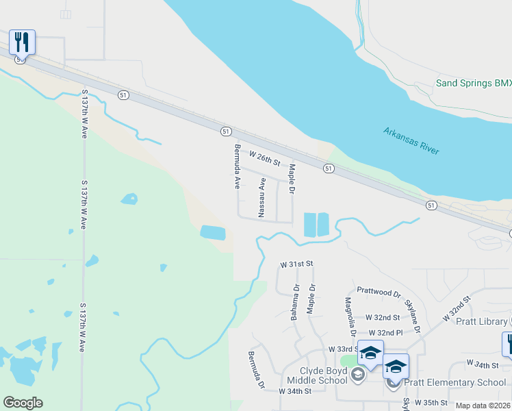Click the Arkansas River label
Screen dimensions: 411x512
click(x=411, y=140)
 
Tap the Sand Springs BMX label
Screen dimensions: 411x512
click(x=474, y=84)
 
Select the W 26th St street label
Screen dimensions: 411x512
click(x=265, y=159)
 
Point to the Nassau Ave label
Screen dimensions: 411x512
click(x=261, y=197)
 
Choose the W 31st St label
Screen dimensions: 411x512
click(x=296, y=264)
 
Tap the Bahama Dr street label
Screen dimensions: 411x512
click(x=296, y=303)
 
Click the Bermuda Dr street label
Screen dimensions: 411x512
click(x=256, y=370)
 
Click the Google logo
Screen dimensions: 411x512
click(x=23, y=403)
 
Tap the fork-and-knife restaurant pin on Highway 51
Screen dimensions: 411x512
click(x=22, y=42)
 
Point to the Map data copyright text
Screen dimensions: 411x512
click(x=483, y=406)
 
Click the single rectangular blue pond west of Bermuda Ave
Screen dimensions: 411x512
click(x=212, y=233)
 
